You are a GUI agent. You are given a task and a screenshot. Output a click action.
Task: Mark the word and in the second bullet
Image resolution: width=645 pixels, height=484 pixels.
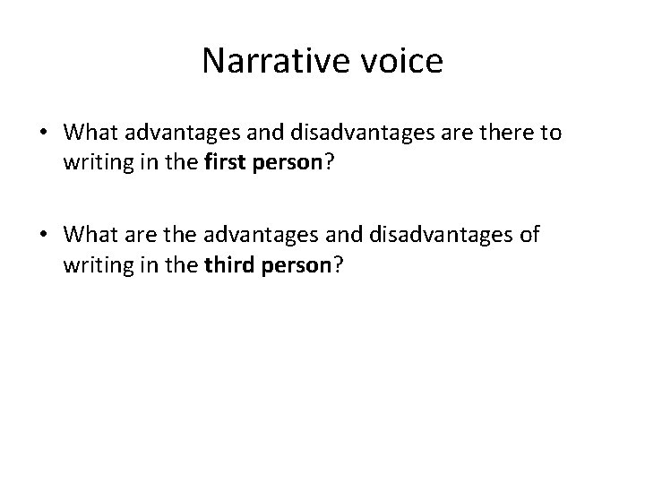(363, 235)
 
